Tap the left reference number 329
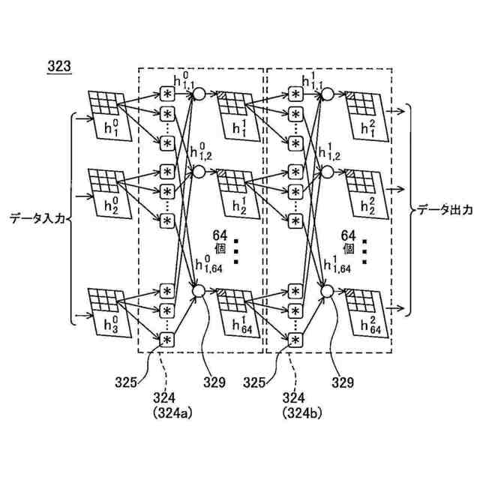[214, 383]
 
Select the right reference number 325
[255, 383]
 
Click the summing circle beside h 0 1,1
[199, 94]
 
